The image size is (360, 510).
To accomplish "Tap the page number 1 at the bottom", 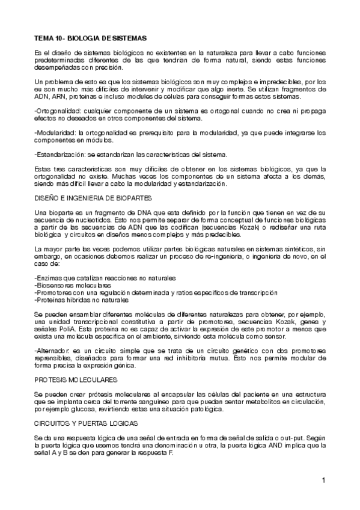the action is coord(323,480).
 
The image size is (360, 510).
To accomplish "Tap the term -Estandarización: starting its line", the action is coord(59,155).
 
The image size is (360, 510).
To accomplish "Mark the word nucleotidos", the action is coord(82,221).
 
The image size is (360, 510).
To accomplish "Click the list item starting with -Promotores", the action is coord(156,292).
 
